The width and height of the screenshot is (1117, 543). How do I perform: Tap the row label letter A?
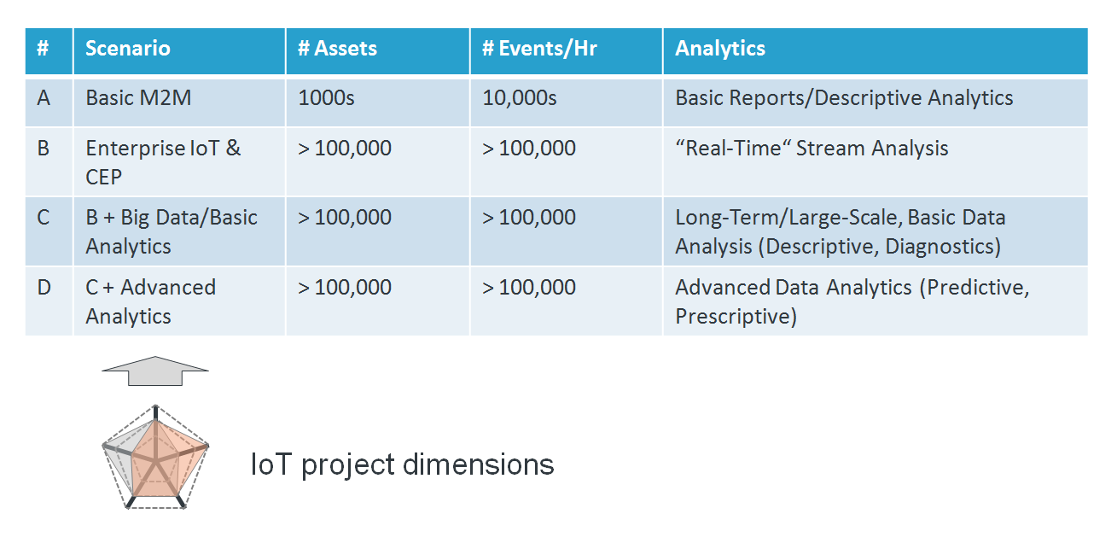[x=44, y=98]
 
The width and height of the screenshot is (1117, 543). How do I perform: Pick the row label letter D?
[x=44, y=288]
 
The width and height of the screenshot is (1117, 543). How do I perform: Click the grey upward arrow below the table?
[x=155, y=371]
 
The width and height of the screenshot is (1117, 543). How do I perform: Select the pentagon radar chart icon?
[x=155, y=457]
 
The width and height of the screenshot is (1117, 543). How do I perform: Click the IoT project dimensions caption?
[x=402, y=464]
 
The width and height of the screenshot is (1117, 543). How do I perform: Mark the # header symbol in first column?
[x=43, y=48]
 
